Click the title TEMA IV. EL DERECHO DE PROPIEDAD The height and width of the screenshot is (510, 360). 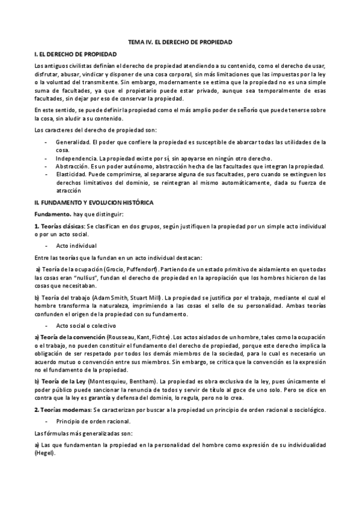pyautogui.click(x=180, y=43)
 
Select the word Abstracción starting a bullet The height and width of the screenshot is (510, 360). pyautogui.click(x=72, y=166)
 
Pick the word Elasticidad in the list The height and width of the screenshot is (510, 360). pyautogui.click(x=70, y=174)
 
